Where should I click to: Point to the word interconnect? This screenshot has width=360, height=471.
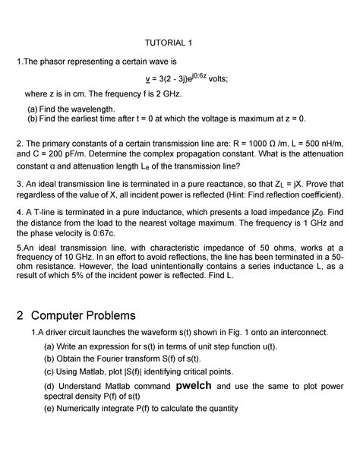click(x=300, y=332)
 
